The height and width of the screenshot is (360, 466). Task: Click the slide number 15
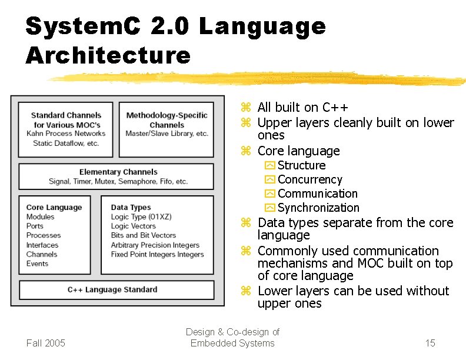[x=430, y=343]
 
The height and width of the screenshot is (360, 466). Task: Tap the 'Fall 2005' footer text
[x=46, y=343]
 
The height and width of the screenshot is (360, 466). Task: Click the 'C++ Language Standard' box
[x=112, y=289]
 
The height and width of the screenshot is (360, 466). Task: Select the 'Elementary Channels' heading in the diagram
[x=118, y=172]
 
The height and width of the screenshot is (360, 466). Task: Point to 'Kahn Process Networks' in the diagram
[x=66, y=134]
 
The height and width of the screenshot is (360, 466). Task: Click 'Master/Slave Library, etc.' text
[x=167, y=134]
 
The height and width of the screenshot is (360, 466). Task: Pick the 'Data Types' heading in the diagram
[x=131, y=207]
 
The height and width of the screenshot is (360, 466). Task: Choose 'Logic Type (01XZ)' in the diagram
[x=141, y=216]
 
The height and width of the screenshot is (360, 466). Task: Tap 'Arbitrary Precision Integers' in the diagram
[x=155, y=245]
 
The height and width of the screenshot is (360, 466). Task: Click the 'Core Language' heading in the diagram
[x=54, y=207]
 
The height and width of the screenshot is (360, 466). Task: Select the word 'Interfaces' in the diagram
[x=42, y=245]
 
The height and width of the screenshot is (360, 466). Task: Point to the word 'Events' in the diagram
[x=38, y=264]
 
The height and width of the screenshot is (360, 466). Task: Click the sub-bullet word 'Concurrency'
[x=309, y=179]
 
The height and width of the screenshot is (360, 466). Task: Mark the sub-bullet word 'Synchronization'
[x=318, y=208]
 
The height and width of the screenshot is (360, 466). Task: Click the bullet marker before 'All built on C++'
[x=247, y=108]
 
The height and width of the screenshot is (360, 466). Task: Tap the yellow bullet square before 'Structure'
[x=269, y=166]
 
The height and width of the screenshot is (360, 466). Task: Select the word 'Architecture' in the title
[x=108, y=56]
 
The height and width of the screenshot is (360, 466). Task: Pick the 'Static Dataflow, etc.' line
[x=66, y=143]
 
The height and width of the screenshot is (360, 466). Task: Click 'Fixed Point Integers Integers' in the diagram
[x=157, y=254]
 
